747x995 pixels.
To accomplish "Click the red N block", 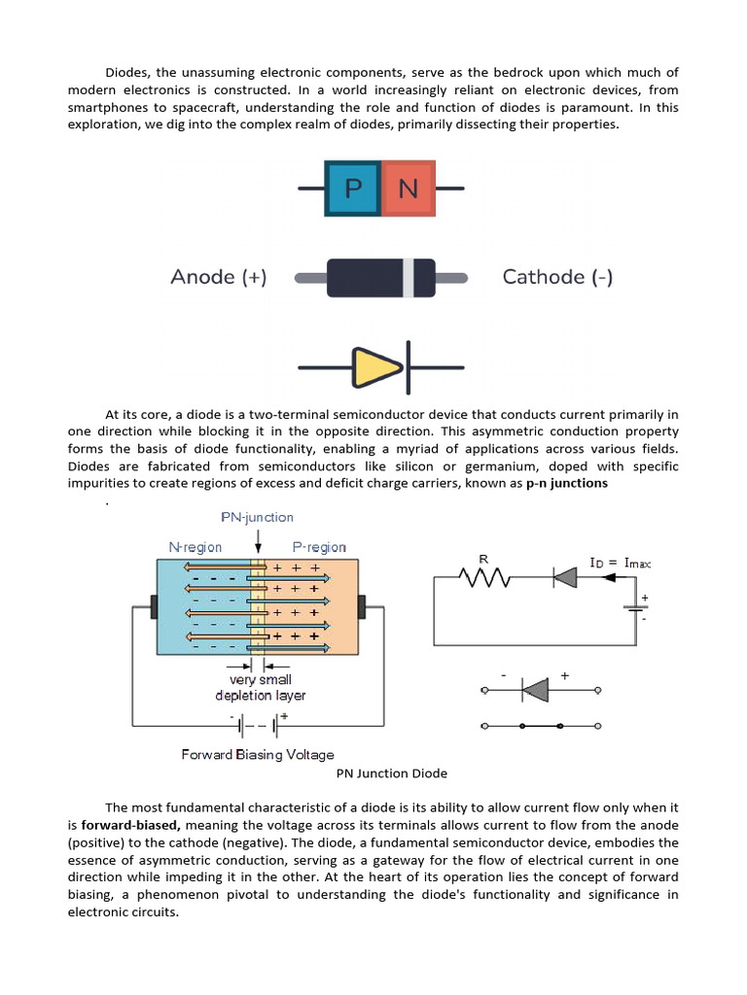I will click(409, 187).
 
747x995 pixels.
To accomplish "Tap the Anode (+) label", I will click(218, 277).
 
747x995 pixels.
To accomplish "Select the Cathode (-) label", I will click(557, 277).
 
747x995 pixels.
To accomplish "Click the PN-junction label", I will click(258, 517).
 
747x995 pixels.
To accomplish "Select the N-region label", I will click(196, 547).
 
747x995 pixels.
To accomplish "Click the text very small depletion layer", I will click(260, 688).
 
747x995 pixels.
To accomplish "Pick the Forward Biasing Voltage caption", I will click(258, 754).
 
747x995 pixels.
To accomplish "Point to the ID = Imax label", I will click(621, 563).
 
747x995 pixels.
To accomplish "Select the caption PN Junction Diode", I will click(391, 773).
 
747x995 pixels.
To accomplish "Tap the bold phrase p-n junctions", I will click(566, 483).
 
